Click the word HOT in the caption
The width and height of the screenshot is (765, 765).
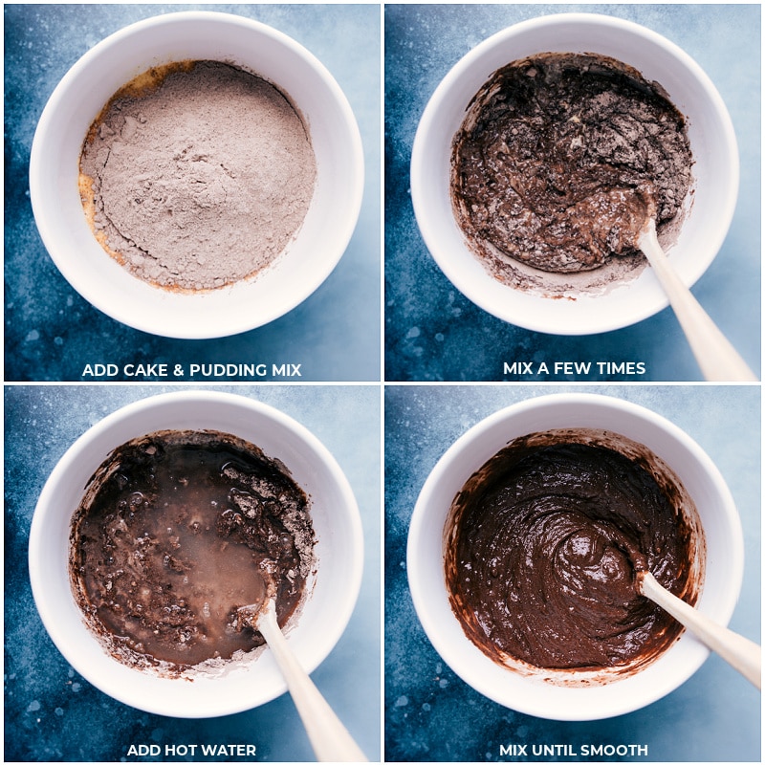178,751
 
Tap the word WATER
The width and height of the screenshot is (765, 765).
228,751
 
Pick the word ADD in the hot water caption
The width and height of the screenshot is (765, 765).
142,751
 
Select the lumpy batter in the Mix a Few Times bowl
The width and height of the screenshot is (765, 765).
555,163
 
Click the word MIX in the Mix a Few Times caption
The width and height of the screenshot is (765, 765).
521,369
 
